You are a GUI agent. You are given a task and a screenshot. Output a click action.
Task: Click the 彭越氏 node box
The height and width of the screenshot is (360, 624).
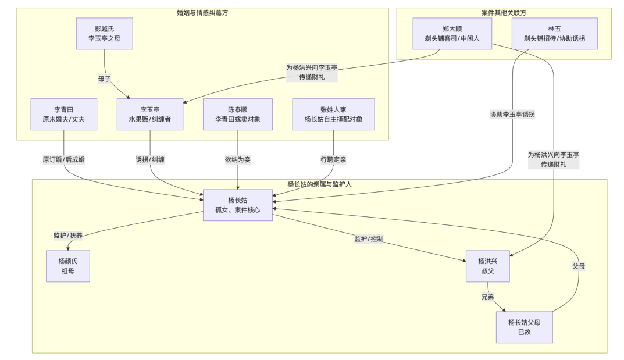click(104, 33)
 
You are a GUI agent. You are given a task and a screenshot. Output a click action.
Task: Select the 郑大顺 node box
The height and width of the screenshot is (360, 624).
click(452, 33)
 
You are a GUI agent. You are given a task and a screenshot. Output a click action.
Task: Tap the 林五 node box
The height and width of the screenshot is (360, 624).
click(554, 33)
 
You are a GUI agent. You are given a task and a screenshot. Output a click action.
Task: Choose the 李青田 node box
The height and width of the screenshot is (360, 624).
click(64, 114)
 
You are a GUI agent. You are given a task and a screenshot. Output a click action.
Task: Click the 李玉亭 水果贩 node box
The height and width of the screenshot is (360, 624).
click(150, 114)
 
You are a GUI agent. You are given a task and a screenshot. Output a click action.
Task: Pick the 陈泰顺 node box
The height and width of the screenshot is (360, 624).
click(238, 114)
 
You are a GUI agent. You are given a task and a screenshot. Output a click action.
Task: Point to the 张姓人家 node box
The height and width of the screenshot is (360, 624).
click(333, 114)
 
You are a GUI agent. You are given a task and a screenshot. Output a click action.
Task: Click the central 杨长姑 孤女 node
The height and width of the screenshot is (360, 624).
click(237, 205)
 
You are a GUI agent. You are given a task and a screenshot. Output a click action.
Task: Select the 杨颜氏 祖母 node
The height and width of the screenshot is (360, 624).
click(68, 266)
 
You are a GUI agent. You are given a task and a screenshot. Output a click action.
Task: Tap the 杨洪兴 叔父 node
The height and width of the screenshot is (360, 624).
click(487, 266)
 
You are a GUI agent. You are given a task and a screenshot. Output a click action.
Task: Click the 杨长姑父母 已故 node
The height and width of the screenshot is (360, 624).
click(524, 327)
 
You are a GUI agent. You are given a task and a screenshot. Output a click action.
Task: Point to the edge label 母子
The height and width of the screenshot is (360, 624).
click(105, 78)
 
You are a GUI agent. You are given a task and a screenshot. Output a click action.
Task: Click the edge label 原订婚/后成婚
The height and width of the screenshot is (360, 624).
click(64, 159)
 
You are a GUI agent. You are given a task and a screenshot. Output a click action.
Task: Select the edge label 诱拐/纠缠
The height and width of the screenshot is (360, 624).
click(150, 159)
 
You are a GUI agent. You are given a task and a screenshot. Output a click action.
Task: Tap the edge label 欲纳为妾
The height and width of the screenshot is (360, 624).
click(238, 159)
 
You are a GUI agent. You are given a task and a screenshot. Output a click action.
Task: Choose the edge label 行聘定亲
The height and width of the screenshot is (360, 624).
click(333, 159)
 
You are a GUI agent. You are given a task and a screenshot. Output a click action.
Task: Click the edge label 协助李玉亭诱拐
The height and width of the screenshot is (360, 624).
click(512, 115)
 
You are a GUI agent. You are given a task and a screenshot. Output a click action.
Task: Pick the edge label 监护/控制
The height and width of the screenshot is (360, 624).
click(369, 239)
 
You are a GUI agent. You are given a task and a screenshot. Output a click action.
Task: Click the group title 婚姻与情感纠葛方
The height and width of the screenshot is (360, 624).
click(202, 12)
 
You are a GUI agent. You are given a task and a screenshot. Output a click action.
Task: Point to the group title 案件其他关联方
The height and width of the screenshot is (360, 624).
click(504, 12)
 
